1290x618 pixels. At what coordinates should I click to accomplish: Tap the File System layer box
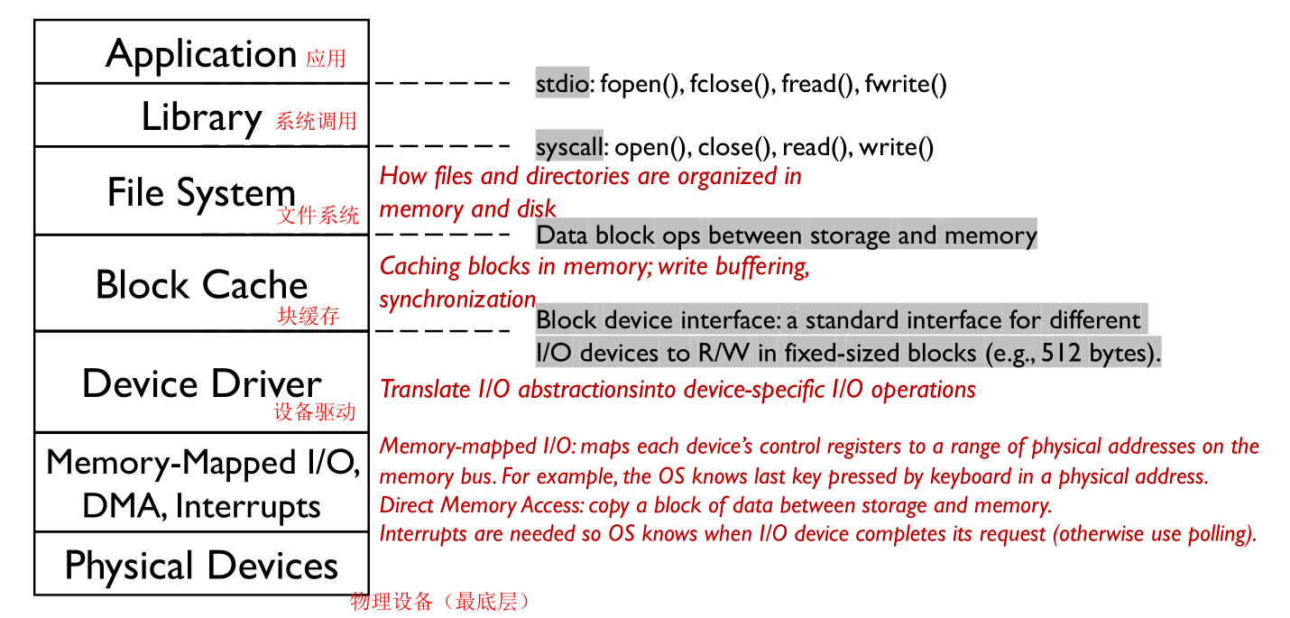[201, 191]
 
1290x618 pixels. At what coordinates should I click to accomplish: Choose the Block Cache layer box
[201, 283]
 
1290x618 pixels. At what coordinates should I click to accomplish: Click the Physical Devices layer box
[201, 565]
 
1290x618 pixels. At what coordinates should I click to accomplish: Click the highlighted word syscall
[568, 147]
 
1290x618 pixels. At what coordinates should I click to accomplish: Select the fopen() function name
[638, 85]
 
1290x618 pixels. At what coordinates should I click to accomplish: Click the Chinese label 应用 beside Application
[326, 60]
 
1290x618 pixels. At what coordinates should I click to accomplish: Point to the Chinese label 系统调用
[316, 122]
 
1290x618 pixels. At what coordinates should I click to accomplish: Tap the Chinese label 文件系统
[318, 216]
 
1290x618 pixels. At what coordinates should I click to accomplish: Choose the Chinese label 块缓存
[309, 317]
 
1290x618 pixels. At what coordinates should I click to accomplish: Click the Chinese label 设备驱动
[315, 412]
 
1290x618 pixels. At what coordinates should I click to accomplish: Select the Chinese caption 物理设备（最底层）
[439, 602]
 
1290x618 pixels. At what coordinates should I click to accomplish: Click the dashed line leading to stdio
[443, 83]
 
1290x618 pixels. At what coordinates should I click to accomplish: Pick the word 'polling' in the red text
[1222, 533]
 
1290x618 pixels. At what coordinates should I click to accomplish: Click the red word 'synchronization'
[457, 300]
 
